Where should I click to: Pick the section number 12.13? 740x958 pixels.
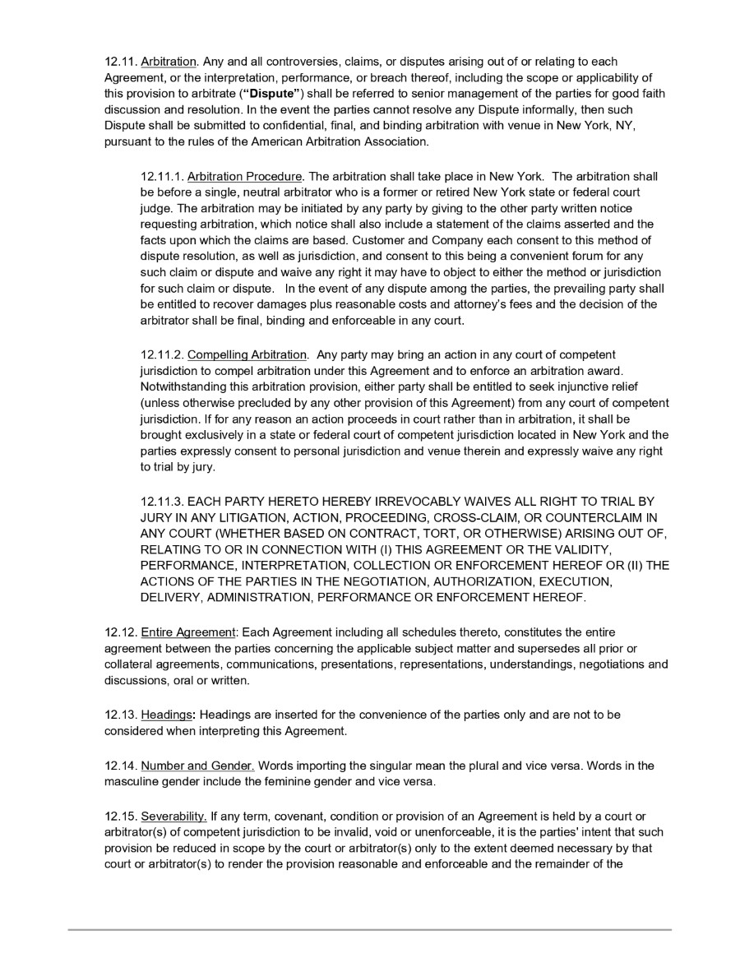121,715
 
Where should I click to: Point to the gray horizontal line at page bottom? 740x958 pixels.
370,930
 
